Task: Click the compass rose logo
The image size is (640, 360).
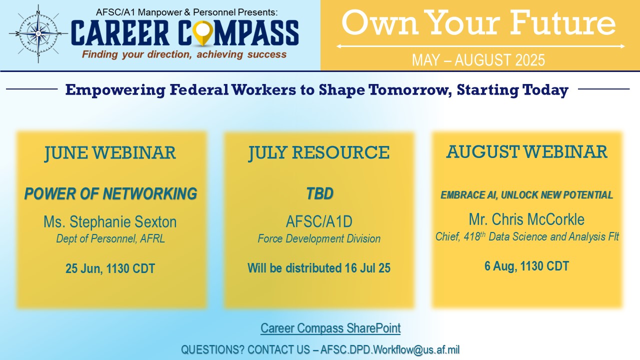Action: (38, 33)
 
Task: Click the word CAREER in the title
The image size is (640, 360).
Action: (120, 33)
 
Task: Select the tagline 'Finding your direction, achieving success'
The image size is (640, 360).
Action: (184, 54)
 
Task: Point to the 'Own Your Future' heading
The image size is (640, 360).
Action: (478, 22)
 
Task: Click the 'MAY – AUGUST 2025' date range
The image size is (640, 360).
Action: (478, 60)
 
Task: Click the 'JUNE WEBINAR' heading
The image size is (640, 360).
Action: (110, 152)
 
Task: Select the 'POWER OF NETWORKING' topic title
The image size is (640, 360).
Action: (110, 193)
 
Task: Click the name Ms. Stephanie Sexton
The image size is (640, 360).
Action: (110, 221)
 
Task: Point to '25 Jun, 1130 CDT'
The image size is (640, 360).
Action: (110, 268)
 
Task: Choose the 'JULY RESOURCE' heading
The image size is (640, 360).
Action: (319, 152)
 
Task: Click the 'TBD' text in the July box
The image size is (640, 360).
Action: (319, 193)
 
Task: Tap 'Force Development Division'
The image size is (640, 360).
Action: (319, 238)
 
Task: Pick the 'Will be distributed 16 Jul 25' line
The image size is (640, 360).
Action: (319, 268)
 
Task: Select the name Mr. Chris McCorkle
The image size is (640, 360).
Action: (526, 219)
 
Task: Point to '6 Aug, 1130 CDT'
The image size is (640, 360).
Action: (526, 266)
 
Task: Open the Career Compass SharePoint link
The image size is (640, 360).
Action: (330, 328)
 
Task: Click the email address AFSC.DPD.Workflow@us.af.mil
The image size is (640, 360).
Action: (389, 349)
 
